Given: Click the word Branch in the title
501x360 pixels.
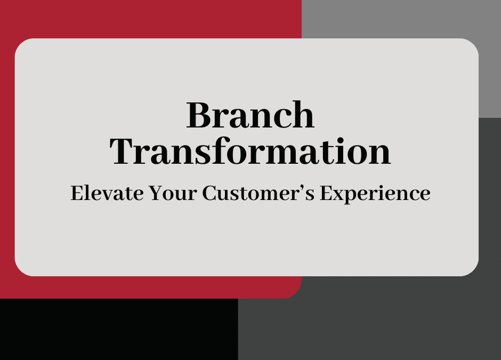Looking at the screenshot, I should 250,115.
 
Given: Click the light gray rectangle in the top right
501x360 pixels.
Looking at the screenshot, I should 400,19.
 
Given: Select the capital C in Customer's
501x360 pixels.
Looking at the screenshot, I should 209,194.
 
